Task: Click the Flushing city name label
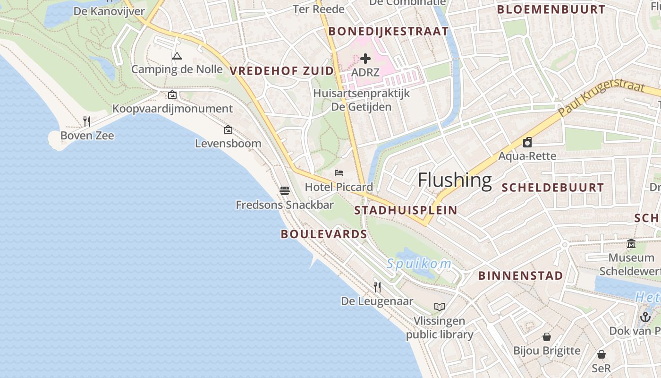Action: pos(455,180)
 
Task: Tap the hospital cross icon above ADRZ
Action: pos(365,59)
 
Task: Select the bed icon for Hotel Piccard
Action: pos(339,173)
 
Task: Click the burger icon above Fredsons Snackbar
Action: pos(284,190)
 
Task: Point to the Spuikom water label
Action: pos(419,264)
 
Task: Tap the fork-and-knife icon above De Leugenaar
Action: pos(377,287)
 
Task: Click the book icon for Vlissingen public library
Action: pos(440,307)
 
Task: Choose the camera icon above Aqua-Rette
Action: pos(527,142)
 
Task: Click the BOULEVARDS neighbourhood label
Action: pos(324,234)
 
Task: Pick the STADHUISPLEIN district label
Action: pos(406,210)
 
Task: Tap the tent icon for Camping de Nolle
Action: pos(177,56)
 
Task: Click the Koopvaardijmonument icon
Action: pos(172,94)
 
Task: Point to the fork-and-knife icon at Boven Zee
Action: pos(87,121)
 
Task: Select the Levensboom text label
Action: pos(228,143)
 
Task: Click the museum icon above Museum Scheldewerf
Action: pos(631,244)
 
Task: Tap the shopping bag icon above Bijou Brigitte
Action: pos(547,337)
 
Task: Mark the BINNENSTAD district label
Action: pos(520,275)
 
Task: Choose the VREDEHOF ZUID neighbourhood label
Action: pos(282,71)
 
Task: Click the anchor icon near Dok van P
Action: pos(645,317)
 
